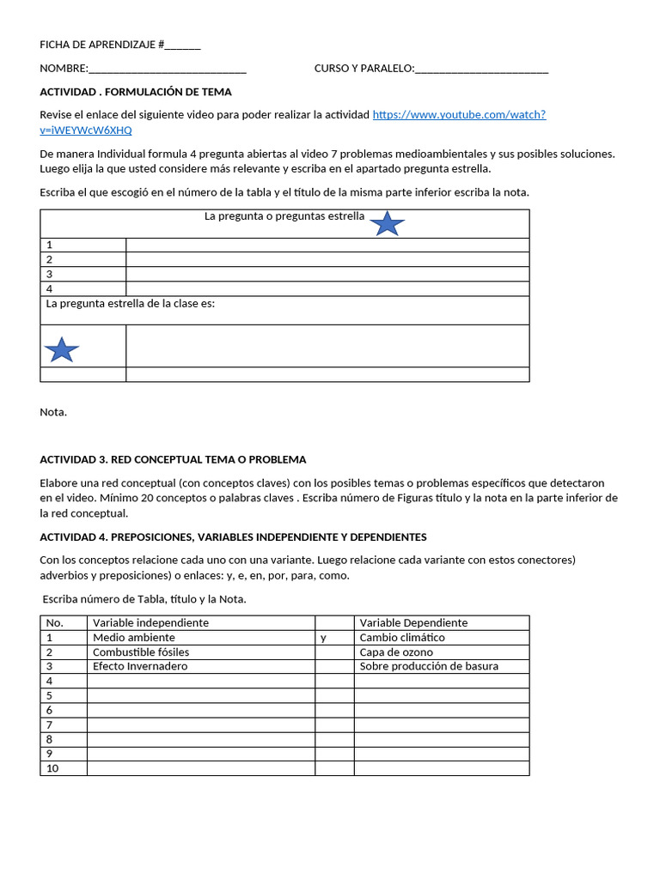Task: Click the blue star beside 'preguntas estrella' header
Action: (388, 223)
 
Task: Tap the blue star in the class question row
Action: (61, 349)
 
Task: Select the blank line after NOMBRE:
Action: (168, 69)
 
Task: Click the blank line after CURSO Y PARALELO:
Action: (481, 69)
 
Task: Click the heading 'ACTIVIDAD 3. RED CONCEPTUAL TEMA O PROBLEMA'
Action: (173, 459)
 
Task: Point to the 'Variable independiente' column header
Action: (150, 622)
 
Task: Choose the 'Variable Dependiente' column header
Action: (413, 622)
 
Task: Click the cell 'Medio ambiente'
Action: (134, 637)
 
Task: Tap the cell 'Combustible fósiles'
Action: (141, 652)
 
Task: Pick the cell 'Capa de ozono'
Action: (395, 652)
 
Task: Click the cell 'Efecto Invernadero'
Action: (140, 666)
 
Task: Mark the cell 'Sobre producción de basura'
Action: (429, 666)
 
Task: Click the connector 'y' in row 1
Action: (323, 637)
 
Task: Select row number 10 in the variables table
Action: (52, 768)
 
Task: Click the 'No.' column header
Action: (54, 622)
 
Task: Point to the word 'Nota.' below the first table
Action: (53, 412)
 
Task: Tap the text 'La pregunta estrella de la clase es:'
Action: (130, 304)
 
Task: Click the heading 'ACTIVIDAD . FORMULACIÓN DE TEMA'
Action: (136, 92)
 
